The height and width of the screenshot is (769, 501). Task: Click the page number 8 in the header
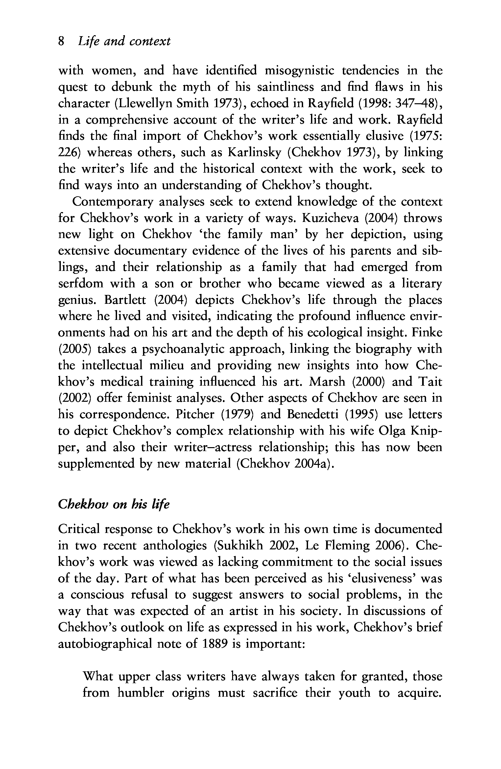(x=60, y=41)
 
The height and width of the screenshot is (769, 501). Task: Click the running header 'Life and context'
(x=124, y=41)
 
